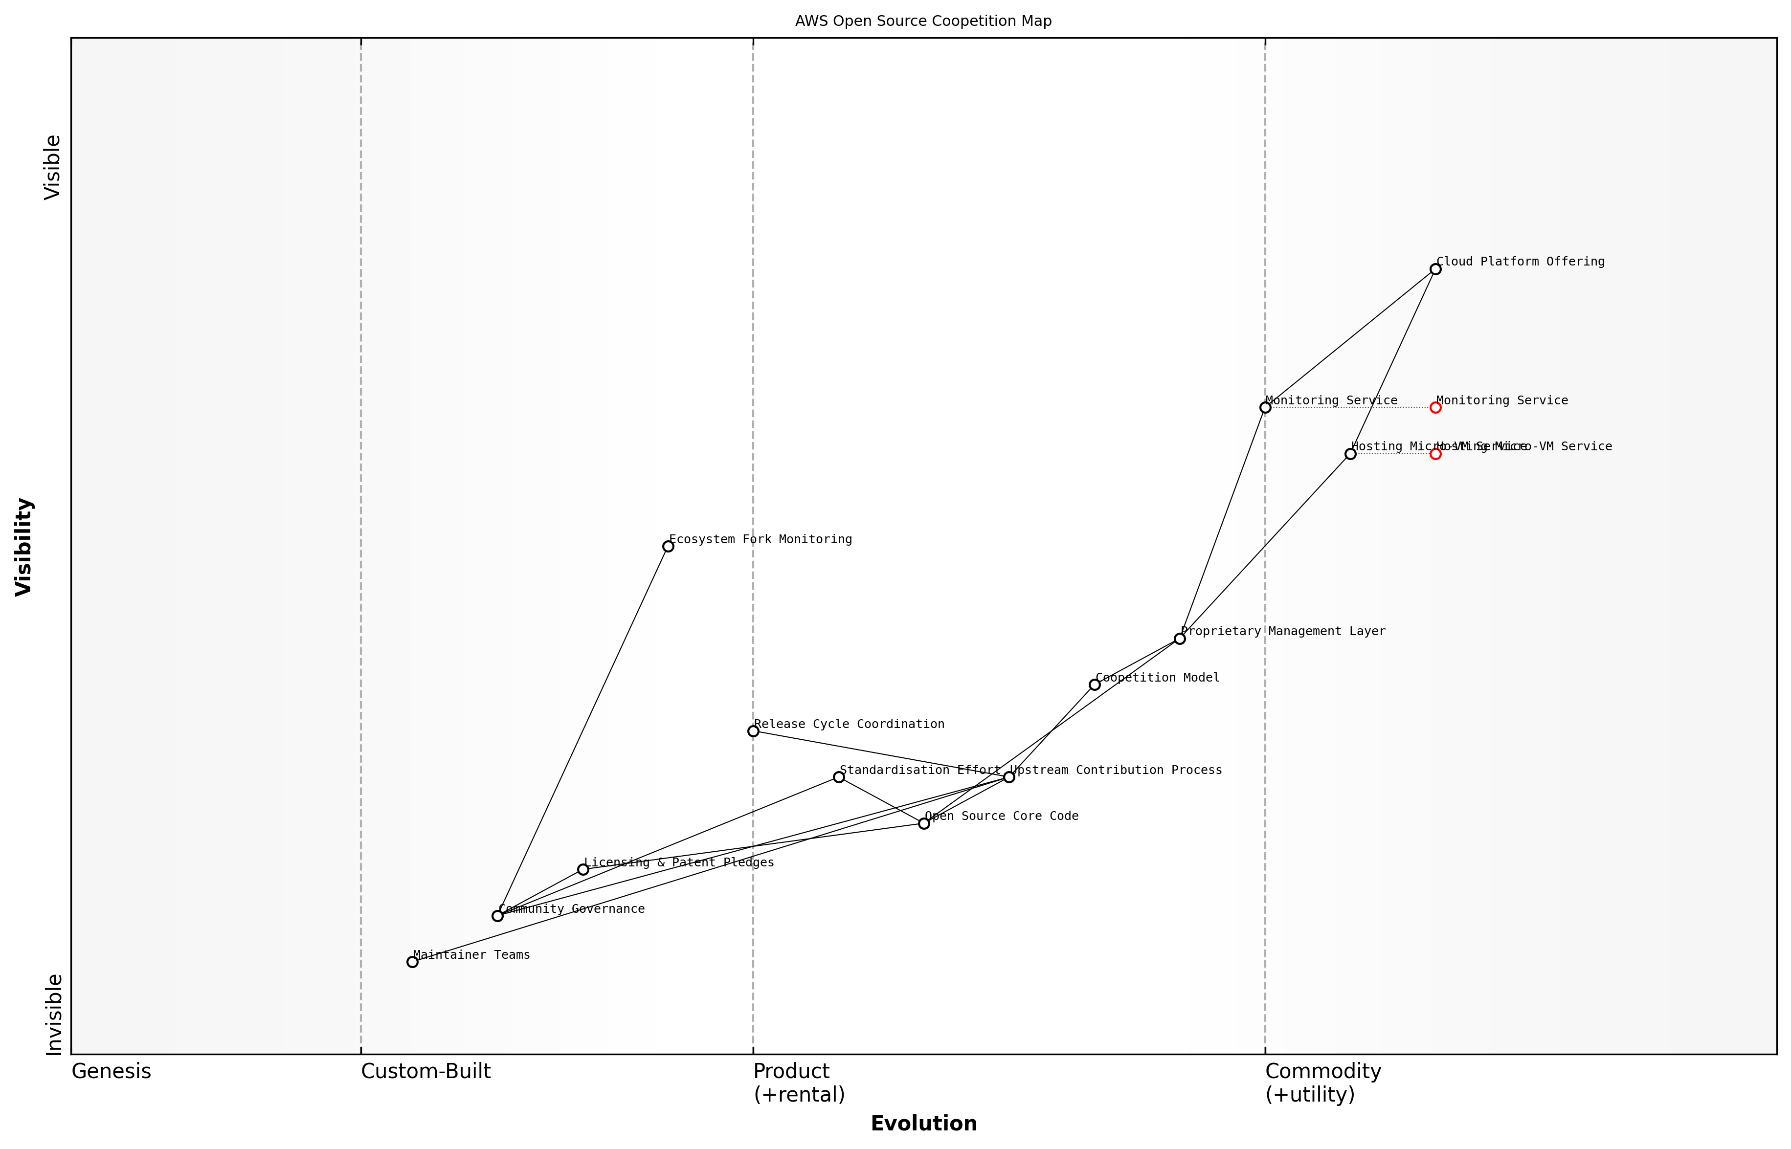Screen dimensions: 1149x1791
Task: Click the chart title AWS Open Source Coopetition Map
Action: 923,21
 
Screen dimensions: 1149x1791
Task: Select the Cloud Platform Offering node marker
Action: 1435,269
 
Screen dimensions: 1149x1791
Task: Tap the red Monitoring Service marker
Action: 1435,407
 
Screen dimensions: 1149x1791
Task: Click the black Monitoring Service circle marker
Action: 1265,407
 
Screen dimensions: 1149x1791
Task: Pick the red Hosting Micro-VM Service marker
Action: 1435,454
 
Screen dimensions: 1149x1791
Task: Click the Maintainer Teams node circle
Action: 412,962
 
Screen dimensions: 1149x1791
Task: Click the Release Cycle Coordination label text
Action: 849,724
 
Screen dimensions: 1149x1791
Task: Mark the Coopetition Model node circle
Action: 1094,684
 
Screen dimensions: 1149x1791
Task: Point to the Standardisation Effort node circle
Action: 839,777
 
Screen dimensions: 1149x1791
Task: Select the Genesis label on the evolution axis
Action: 111,1071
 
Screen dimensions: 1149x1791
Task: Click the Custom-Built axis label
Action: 426,1071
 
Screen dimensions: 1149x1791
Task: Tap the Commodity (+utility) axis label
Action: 1323,1083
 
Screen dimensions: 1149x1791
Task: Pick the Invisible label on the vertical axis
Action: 54,1015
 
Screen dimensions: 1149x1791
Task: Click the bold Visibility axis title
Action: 24,546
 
